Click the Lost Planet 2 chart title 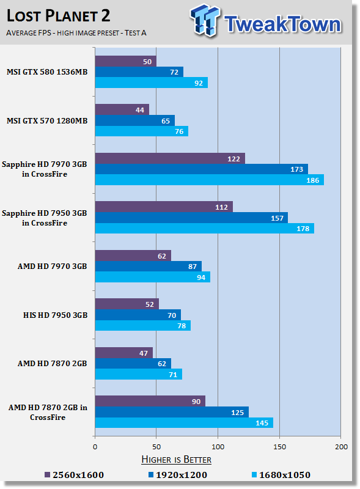(x=58, y=16)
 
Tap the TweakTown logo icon (x=205, y=20)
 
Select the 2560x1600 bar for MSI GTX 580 (x=126, y=61)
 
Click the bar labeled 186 (x=209, y=180)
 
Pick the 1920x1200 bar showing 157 (x=191, y=218)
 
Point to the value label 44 (x=140, y=110)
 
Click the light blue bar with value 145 (x=184, y=422)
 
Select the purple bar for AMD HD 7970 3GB (x=133, y=256)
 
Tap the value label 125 (x=237, y=413)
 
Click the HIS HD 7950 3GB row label (x=55, y=315)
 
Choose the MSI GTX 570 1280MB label (x=47, y=120)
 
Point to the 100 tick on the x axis (x=218, y=447)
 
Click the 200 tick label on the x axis (x=341, y=447)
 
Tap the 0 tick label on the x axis (x=95, y=447)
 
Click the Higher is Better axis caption (x=176, y=460)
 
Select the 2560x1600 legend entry (x=74, y=475)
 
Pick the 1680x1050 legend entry (x=281, y=475)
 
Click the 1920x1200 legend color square (x=151, y=475)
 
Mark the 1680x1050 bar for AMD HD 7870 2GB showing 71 (x=139, y=374)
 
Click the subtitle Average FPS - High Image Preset (x=76, y=33)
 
